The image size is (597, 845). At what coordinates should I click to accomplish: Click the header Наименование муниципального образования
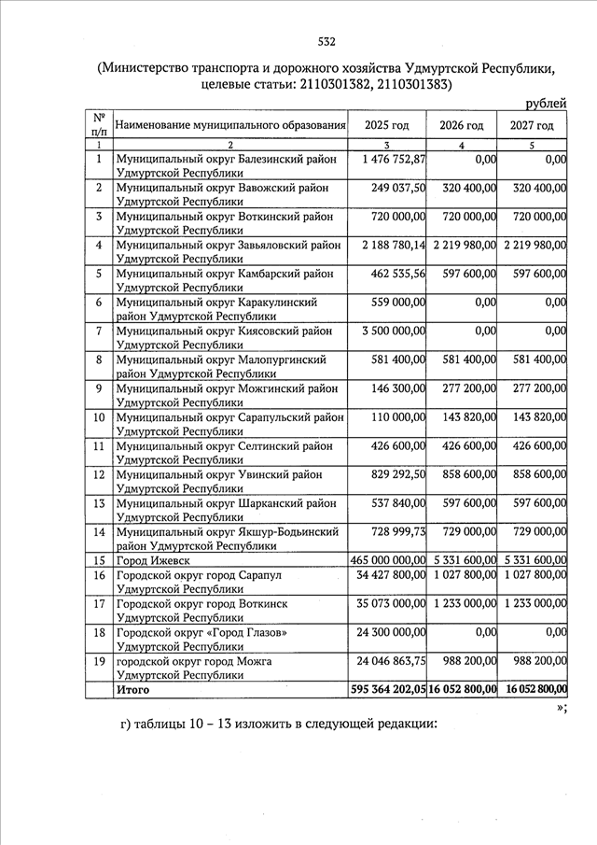[230, 125]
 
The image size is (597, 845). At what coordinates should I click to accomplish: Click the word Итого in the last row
[132, 690]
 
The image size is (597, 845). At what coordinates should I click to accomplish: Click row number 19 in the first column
[98, 661]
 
